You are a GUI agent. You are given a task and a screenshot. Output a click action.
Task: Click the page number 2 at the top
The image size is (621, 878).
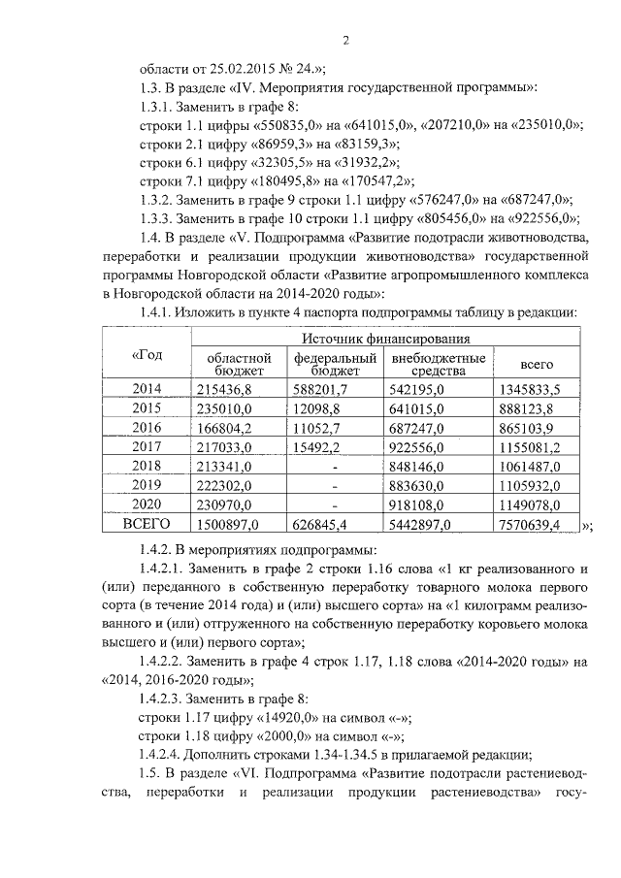click(344, 40)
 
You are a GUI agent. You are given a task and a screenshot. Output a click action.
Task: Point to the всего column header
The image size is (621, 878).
click(537, 364)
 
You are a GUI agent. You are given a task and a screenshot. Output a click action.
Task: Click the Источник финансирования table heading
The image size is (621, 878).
click(385, 339)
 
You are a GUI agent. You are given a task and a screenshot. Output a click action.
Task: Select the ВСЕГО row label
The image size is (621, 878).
click(146, 525)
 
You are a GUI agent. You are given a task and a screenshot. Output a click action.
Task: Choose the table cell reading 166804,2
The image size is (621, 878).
click(224, 428)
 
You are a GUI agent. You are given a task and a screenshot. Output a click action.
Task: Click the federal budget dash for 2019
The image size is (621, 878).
click(335, 486)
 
